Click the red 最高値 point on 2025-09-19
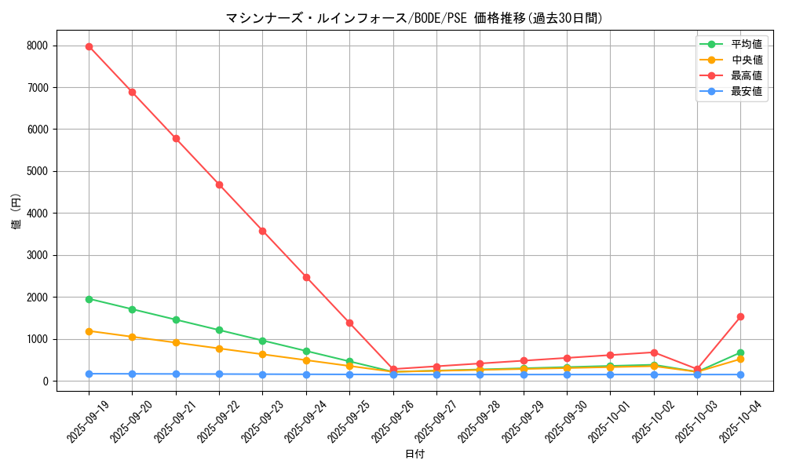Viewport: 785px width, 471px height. pyautogui.click(x=89, y=46)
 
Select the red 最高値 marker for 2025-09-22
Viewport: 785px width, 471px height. pyautogui.click(x=219, y=184)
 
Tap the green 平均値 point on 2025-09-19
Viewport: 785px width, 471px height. pyautogui.click(x=89, y=299)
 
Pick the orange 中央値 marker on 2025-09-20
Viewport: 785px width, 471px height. pyautogui.click(x=132, y=337)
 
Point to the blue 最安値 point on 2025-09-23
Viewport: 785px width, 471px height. pyautogui.click(x=262, y=374)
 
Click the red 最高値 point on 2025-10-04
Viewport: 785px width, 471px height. pyautogui.click(x=740, y=316)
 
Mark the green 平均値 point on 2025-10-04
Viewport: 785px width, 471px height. pyautogui.click(x=740, y=353)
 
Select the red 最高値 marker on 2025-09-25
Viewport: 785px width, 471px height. pyautogui.click(x=349, y=323)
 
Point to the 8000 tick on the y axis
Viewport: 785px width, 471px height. pyautogui.click(x=38, y=46)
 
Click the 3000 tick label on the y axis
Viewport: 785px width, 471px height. pyautogui.click(x=38, y=255)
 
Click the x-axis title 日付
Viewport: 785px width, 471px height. pyautogui.click(x=414, y=455)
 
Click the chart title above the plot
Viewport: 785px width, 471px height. pyautogui.click(x=414, y=18)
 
